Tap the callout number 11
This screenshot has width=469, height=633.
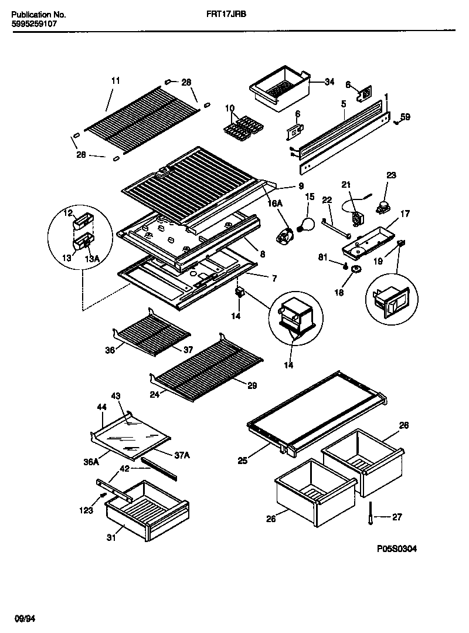pos(115,80)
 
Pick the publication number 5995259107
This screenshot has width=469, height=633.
pos(34,25)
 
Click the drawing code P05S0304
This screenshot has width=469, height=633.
pos(397,550)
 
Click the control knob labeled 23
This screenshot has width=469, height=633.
pos(385,205)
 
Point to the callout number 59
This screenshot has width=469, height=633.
pos(405,117)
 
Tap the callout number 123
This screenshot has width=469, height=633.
pos(86,510)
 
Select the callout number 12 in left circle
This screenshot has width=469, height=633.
pos(68,212)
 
